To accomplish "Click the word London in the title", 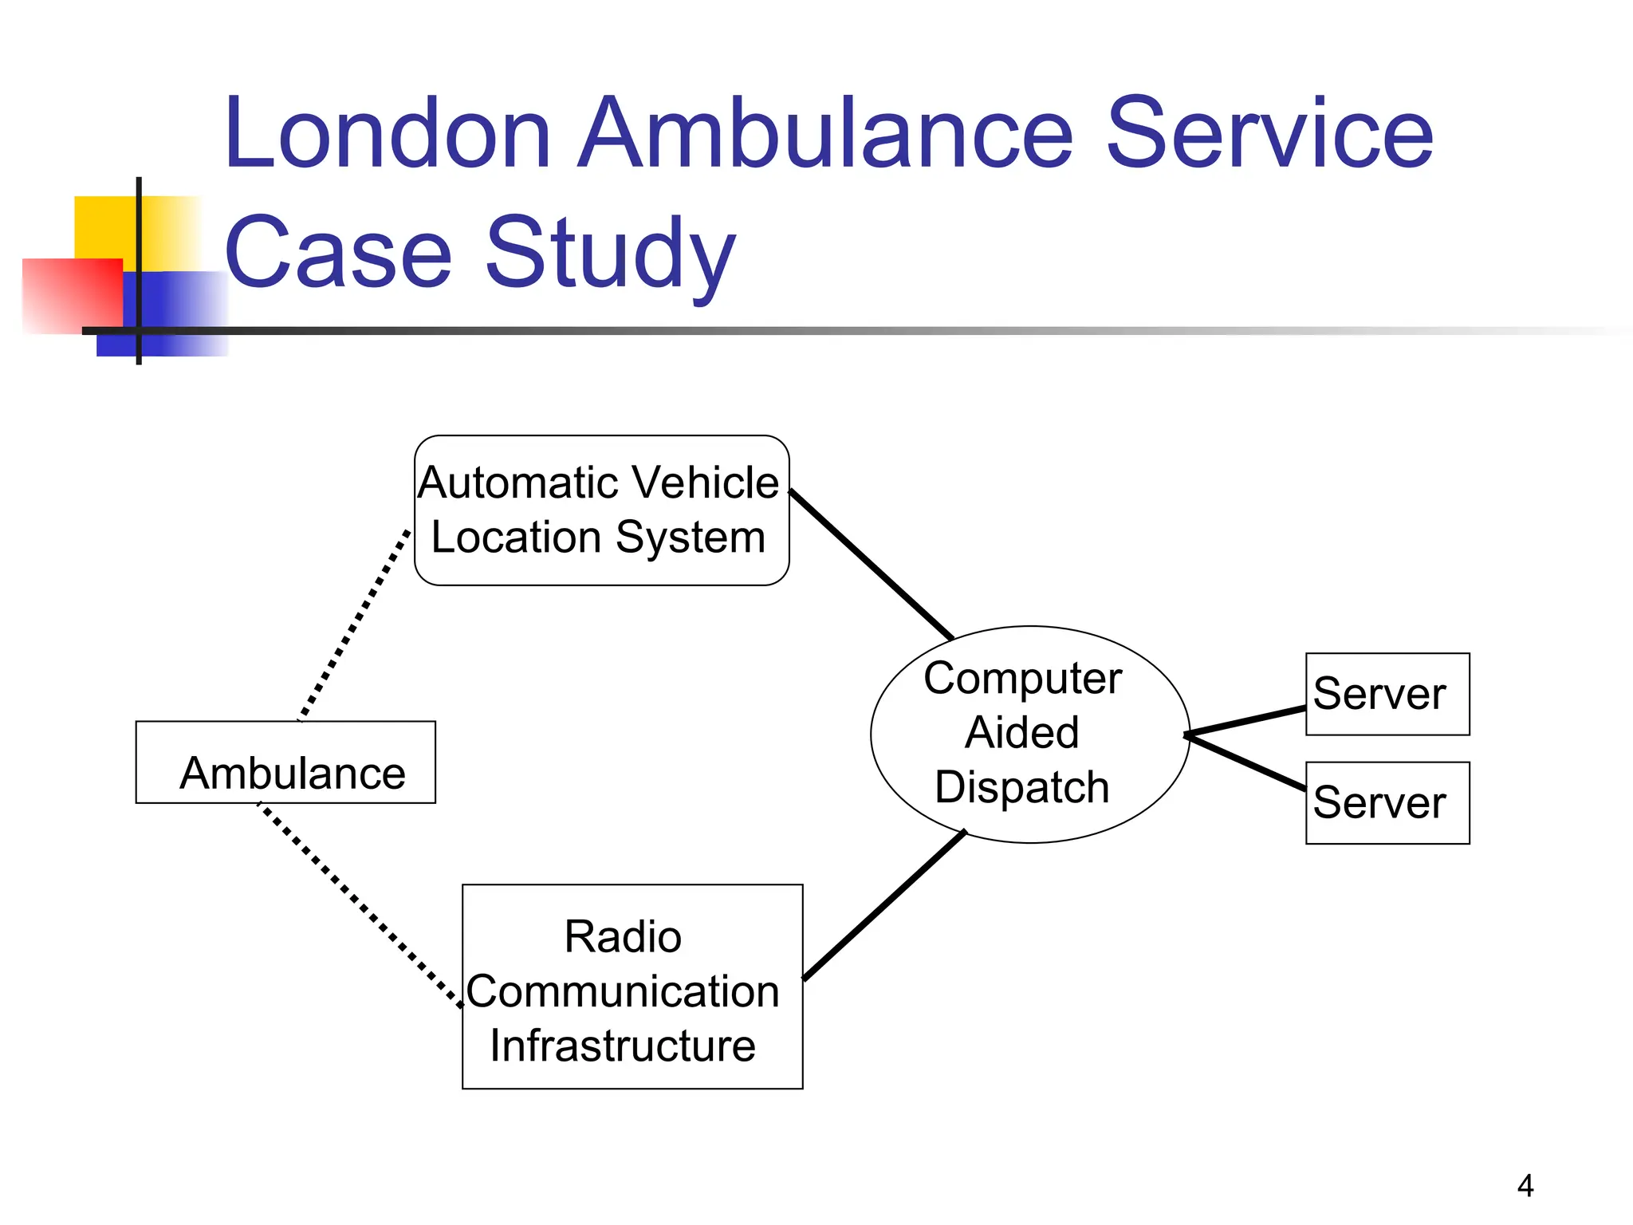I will [388, 134].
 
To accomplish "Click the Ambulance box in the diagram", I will [285, 762].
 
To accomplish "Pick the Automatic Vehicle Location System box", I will [601, 510].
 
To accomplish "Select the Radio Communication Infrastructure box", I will [632, 987].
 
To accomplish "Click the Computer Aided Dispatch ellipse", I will [1029, 735].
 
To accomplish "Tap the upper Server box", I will [1387, 694].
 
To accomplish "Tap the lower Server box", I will [1387, 802].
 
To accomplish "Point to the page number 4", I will [1525, 1186].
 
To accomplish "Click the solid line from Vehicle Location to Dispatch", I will [872, 565].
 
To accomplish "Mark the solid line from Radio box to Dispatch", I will [884, 905].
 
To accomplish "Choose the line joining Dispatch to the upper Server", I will [1245, 721].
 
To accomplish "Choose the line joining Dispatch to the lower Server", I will [1245, 762].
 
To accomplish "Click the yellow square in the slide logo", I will [104, 226].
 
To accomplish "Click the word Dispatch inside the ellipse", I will [1021, 788].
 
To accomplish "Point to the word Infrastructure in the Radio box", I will [623, 1046].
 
